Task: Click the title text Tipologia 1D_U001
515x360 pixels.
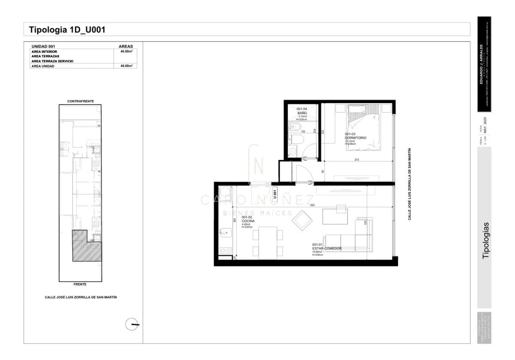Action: coord(67,30)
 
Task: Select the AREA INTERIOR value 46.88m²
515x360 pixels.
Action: coord(126,51)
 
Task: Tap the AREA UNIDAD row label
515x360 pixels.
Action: coord(43,66)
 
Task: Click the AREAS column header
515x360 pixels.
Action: coord(126,46)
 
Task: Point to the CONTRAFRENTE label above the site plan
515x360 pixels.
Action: coord(80,101)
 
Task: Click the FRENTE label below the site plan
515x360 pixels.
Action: coord(80,284)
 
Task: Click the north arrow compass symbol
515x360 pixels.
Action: coord(132,324)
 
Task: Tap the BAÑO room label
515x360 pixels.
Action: coord(302,113)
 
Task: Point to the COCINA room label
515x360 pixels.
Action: coord(248,221)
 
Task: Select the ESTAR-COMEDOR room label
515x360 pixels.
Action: coord(327,248)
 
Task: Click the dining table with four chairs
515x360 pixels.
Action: coord(268,243)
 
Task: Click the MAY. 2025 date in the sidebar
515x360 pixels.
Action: coord(485,125)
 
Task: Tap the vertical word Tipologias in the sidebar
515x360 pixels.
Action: coord(486,240)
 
